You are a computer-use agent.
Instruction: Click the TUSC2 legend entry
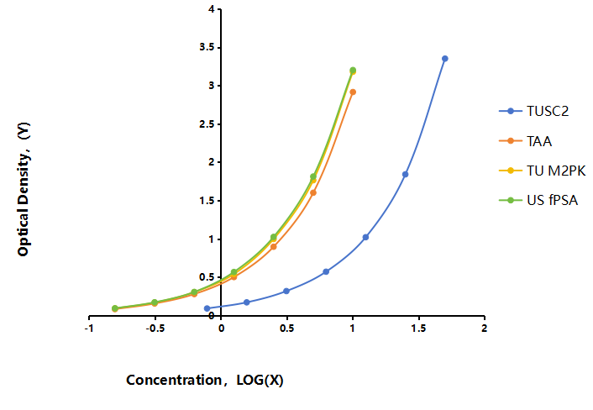coord(533,111)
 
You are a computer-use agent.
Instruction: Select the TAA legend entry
coord(525,141)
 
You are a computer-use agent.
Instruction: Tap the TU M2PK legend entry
coord(543,171)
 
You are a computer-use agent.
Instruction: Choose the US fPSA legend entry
coord(538,200)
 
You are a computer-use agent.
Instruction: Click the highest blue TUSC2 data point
coord(445,59)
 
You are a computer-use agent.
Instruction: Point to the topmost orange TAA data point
coord(353,92)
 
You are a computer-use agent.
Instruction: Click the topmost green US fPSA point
coord(353,70)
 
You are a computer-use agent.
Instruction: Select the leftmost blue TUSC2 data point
coord(207,308)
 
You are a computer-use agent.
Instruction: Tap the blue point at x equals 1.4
coord(405,175)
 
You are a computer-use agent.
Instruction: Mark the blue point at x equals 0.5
coord(286,291)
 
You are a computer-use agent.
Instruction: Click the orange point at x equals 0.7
coord(313,192)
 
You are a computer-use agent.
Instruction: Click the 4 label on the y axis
coord(212,8)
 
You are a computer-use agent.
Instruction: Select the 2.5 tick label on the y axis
coord(207,124)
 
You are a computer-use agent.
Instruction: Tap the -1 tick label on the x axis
coord(89,328)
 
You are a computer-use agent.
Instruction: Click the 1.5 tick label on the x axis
coord(418,328)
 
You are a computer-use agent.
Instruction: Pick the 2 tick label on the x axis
coord(484,328)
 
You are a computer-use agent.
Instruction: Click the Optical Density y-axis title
coord(24,189)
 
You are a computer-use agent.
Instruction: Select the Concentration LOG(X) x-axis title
coord(205,380)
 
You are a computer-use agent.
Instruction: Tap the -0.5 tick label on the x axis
coord(155,328)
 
